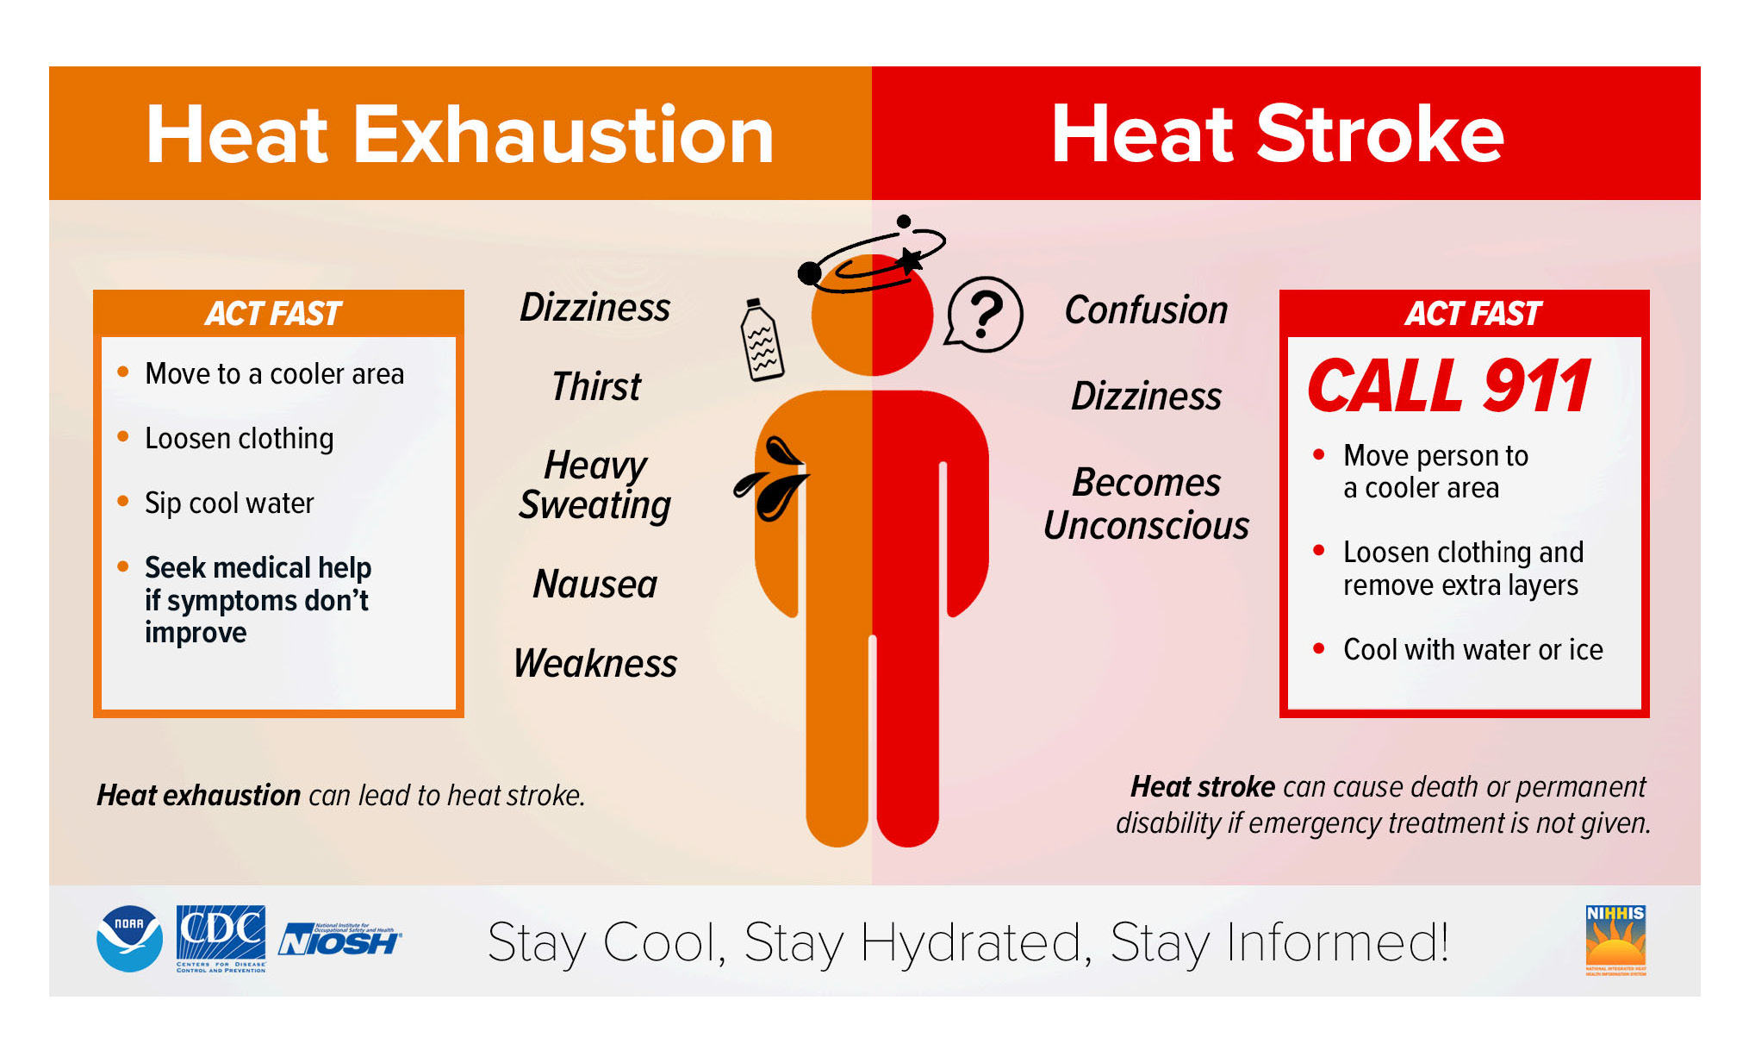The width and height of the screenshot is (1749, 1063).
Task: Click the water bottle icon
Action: [762, 341]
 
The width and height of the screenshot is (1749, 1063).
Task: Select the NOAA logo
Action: [129, 939]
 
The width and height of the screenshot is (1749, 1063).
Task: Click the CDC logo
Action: [221, 938]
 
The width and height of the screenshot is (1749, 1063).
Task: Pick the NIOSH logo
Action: [339, 941]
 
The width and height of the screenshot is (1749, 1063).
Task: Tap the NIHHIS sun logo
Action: [1615, 940]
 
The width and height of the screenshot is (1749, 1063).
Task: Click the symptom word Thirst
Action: [596, 386]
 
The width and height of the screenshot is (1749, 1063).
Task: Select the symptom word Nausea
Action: [595, 585]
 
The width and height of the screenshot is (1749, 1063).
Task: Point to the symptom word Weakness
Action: [595, 664]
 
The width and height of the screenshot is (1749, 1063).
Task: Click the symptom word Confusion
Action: [1146, 310]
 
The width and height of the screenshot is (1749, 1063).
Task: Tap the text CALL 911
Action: [1449, 386]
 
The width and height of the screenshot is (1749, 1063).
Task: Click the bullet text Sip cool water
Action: [229, 503]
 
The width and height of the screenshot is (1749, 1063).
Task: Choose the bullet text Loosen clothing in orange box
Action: [239, 438]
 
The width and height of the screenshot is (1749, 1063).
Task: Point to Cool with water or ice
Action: [1472, 649]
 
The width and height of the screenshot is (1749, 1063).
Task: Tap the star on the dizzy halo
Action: [909, 258]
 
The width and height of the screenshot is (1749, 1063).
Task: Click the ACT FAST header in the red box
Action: [1472, 314]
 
